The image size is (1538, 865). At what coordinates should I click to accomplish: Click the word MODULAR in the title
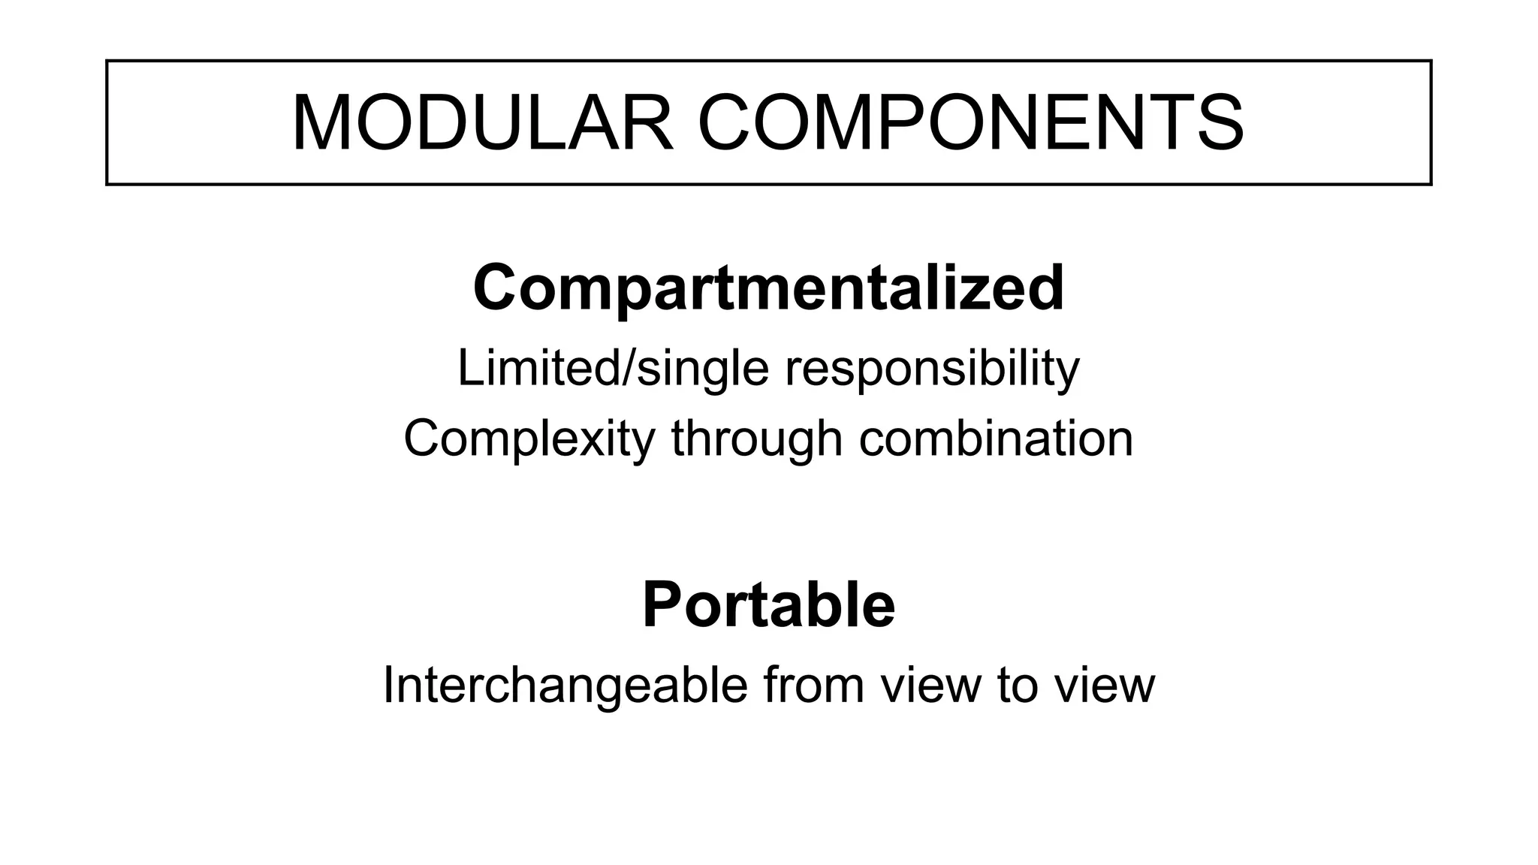[482, 122]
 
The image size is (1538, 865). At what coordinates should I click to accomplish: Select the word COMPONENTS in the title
[971, 122]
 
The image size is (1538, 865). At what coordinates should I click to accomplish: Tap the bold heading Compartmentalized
[768, 288]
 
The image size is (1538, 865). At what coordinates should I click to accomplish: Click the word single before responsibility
[703, 369]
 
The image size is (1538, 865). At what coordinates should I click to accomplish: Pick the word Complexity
[529, 439]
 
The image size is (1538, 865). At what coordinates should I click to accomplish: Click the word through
[757, 439]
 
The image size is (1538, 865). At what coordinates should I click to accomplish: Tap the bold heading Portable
[768, 605]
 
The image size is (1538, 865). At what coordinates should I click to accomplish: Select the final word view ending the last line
[1104, 685]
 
